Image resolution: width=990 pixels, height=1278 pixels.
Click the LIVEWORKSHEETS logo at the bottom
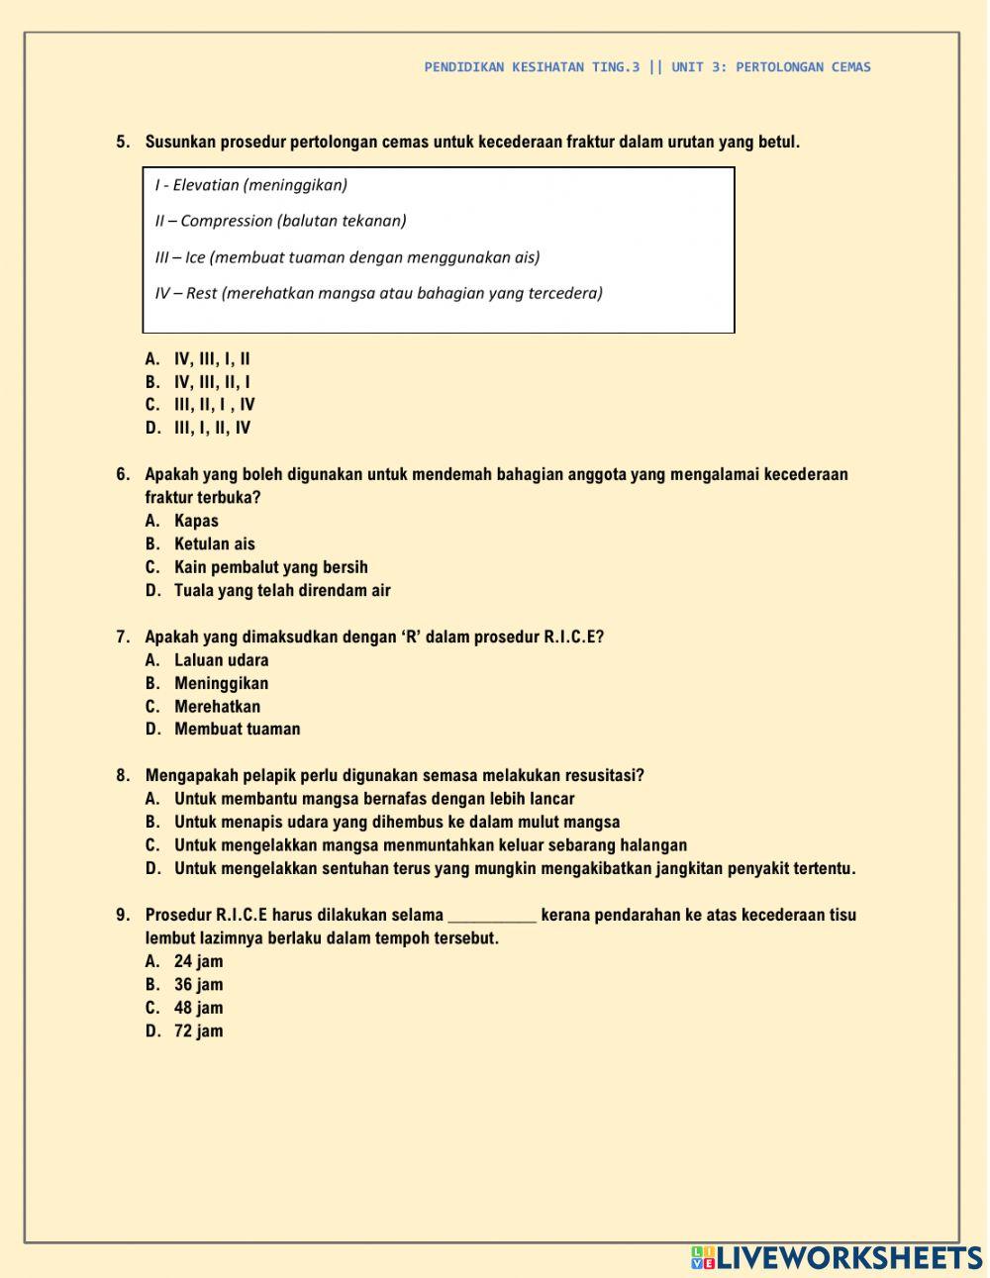pos(837,1257)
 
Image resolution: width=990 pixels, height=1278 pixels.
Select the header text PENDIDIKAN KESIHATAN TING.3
pos(532,67)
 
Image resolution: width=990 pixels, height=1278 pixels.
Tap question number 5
pos(123,142)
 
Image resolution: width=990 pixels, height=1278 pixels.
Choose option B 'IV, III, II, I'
pos(212,382)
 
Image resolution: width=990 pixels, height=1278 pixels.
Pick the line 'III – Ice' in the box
pos(346,257)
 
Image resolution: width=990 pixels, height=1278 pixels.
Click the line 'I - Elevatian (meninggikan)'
pos(251,185)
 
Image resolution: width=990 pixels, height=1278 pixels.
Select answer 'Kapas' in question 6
pos(196,521)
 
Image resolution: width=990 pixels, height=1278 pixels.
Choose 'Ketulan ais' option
pos(214,543)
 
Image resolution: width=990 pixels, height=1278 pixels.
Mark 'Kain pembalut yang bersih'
pos(270,567)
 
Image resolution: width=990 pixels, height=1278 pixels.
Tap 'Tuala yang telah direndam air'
pos(282,590)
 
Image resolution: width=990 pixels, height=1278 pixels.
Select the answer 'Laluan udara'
pos(221,660)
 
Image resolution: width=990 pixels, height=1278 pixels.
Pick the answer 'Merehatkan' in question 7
pos(217,707)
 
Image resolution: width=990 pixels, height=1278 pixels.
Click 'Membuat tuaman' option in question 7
pos(237,730)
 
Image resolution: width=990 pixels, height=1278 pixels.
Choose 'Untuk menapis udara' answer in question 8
pos(396,823)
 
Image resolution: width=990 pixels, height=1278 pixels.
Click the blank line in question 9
pos(492,917)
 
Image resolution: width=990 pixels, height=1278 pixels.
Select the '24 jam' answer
pos(198,961)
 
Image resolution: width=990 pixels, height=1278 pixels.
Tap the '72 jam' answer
pos(198,1032)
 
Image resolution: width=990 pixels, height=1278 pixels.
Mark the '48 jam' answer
pos(198,1008)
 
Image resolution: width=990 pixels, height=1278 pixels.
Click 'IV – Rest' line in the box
pos(378,293)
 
